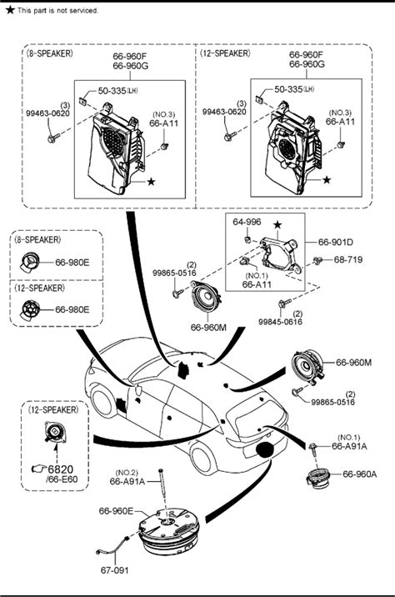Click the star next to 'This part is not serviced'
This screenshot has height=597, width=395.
tap(10, 10)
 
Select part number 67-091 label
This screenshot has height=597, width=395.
tap(114, 570)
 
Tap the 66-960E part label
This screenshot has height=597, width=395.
tap(116, 511)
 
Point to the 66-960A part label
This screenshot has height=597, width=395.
tap(360, 474)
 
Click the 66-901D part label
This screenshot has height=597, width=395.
tap(336, 242)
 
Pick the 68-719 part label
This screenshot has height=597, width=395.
tap(348, 259)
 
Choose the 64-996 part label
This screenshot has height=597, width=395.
tap(247, 222)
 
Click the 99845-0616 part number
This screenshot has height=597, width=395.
tap(281, 322)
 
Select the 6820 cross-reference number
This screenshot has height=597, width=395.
tap(61, 469)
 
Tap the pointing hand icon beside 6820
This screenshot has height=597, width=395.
tap(38, 469)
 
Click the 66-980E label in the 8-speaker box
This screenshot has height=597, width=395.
tap(72, 263)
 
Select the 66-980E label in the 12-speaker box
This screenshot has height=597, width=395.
tap(72, 309)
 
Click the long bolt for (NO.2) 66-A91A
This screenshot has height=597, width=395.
tap(162, 492)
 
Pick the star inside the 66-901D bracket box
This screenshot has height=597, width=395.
tap(277, 225)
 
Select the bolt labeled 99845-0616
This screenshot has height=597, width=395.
tap(284, 304)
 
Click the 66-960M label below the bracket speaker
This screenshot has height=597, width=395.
tap(208, 328)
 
